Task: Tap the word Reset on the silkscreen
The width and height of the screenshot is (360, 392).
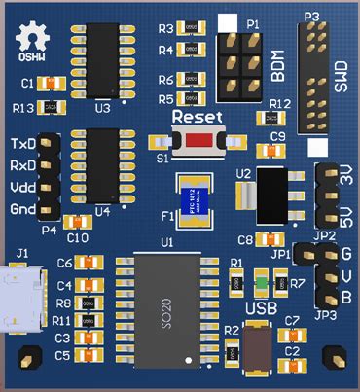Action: point(197,116)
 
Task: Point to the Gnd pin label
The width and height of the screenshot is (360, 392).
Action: point(22,210)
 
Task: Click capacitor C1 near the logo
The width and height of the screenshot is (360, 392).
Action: point(54,83)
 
